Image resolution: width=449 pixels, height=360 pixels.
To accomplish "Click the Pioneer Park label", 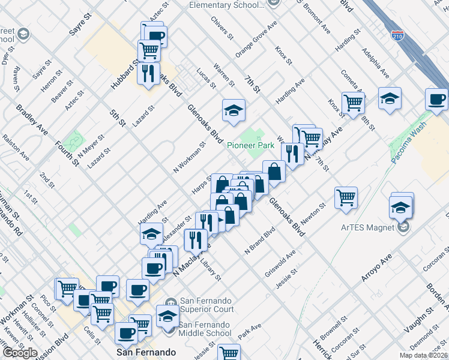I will click(250, 145).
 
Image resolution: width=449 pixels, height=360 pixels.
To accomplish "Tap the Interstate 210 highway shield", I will click(397, 35).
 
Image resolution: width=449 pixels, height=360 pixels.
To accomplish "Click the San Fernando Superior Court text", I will click(206, 305).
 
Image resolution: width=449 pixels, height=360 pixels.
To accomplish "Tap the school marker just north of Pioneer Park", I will click(233, 110).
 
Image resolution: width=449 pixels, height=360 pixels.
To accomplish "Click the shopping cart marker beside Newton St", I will click(346, 196).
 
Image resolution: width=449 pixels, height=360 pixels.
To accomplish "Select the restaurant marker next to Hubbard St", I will click(148, 73).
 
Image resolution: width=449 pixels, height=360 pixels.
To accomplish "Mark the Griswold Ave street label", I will click(280, 264).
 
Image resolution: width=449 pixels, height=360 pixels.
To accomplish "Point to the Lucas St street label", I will click(206, 77).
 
